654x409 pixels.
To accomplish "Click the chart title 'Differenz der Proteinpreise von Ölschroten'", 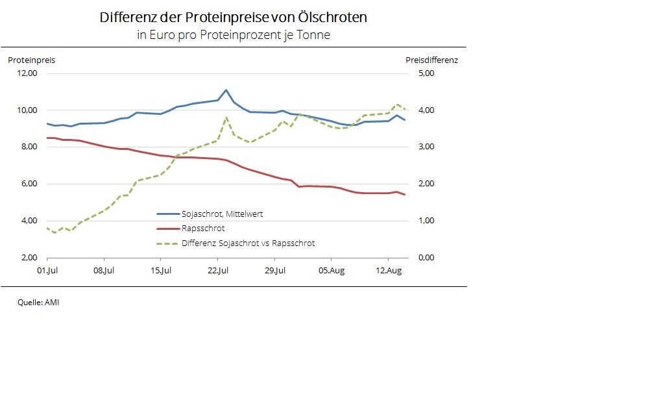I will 233,18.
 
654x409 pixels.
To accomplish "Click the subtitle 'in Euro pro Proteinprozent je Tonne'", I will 233,35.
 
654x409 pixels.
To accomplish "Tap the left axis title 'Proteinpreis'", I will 31,60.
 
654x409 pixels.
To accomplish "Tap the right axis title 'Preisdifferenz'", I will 431,60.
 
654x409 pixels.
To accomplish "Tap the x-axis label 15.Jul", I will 161,271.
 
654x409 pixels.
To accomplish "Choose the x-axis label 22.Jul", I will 217,271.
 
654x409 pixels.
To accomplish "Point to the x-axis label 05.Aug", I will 331,271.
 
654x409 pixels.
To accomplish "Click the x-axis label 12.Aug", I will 388,271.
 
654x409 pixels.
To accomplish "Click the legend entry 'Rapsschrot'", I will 203,229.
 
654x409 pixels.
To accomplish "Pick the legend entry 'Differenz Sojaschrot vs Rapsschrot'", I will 248,243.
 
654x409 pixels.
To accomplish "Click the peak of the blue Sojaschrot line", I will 226,90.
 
